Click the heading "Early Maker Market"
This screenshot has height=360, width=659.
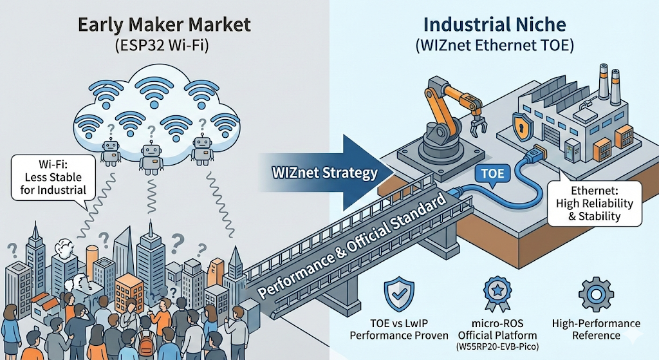point(163,26)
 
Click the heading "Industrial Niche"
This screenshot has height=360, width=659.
point(494,26)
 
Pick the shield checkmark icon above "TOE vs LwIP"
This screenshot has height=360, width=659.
point(397,295)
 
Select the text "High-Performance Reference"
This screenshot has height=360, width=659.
point(595,329)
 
